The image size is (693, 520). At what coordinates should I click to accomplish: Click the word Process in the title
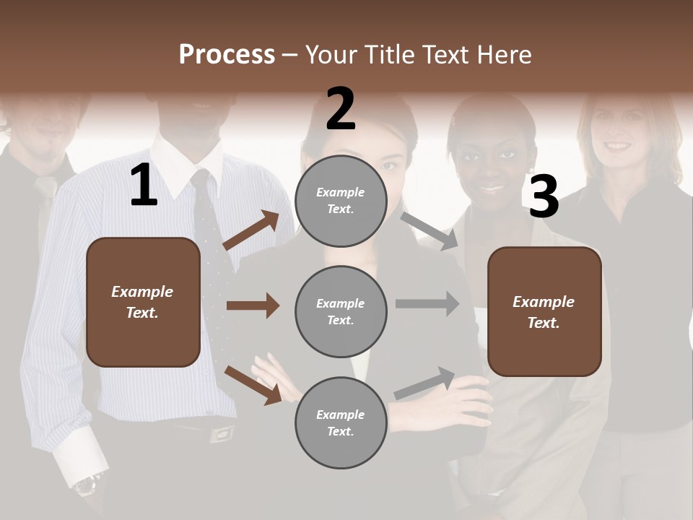click(227, 55)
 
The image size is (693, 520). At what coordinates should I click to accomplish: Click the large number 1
click(144, 186)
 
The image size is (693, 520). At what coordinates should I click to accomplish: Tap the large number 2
click(341, 109)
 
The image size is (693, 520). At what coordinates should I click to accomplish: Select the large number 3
click(544, 197)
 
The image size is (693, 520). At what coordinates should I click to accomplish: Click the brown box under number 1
click(143, 302)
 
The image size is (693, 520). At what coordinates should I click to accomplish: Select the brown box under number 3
click(544, 311)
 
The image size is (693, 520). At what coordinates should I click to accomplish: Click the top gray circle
click(341, 201)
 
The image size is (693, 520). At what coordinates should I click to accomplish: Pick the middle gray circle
click(341, 311)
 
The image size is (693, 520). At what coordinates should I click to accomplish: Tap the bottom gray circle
click(341, 422)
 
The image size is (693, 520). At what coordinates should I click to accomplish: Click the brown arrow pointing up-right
click(251, 230)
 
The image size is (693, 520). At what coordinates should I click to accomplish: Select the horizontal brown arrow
click(253, 305)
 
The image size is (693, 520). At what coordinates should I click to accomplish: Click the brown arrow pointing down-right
click(253, 385)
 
